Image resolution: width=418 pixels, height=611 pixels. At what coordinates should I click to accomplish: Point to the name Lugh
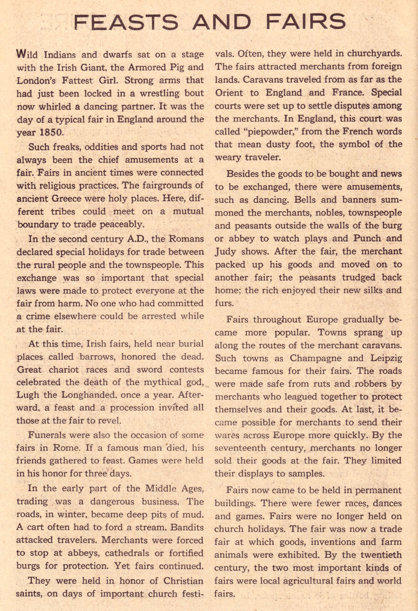28,395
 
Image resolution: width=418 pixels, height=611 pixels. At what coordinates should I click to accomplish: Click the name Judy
226,252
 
